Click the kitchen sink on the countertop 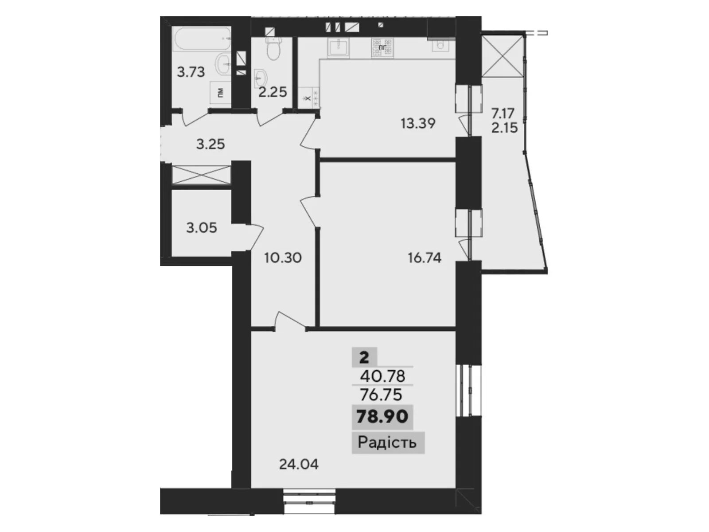pyautogui.click(x=339, y=47)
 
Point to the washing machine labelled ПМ pyautogui.click(x=220, y=93)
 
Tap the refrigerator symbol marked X pyautogui.click(x=309, y=97)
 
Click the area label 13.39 pyautogui.click(x=418, y=123)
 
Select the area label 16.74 pyautogui.click(x=425, y=258)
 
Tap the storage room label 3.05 pyautogui.click(x=202, y=228)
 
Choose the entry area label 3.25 pyautogui.click(x=210, y=144)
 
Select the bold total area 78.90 pyautogui.click(x=382, y=417)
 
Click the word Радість pyautogui.click(x=387, y=442)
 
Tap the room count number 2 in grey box pyautogui.click(x=364, y=357)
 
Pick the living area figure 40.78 pyautogui.click(x=382, y=376)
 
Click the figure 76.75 pyautogui.click(x=381, y=394)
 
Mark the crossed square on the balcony pyautogui.click(x=503, y=56)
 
